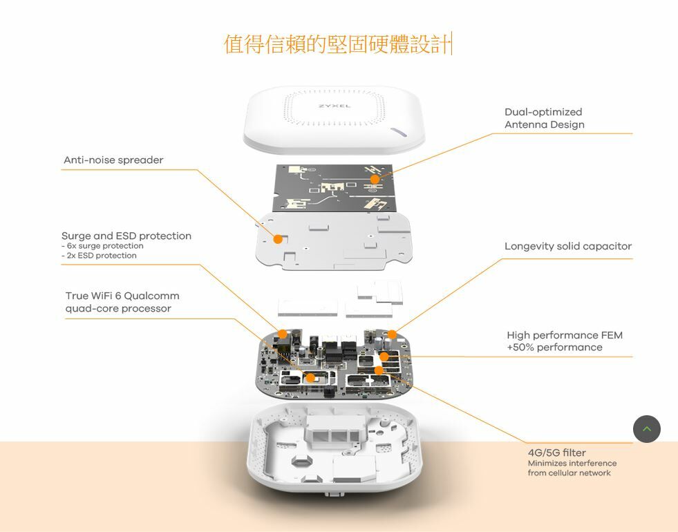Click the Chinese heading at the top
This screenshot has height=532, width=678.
337,44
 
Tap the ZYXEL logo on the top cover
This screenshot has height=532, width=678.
334,106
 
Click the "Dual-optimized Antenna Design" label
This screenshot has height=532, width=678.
544,118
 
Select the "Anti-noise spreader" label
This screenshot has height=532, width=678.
113,160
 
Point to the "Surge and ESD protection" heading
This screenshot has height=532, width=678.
126,236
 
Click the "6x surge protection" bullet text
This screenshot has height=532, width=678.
104,246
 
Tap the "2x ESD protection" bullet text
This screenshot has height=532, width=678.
100,256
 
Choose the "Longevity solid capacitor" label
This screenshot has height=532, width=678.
567,247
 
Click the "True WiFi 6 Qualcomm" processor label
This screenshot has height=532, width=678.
122,296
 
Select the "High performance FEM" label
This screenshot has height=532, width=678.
564,335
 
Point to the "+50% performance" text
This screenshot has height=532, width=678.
554,348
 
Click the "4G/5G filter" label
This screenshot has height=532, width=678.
556,453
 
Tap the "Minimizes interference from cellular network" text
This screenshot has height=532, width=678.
572,468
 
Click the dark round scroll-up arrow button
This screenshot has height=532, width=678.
646,429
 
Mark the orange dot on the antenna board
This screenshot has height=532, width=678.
375,180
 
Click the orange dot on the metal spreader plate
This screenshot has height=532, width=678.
278,239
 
